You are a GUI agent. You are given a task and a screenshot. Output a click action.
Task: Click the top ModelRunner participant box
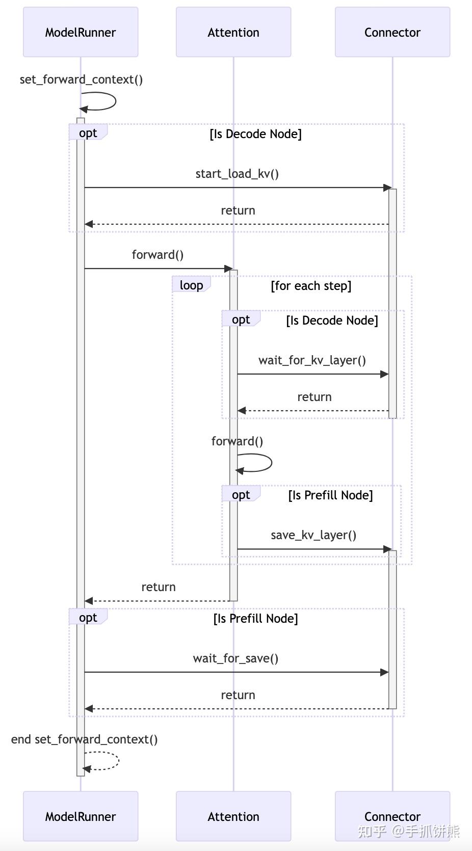(81, 32)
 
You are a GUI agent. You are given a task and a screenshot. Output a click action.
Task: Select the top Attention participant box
(233, 32)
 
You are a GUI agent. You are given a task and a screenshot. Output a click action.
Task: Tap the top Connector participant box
(392, 32)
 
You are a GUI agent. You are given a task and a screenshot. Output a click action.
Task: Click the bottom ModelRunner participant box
(81, 816)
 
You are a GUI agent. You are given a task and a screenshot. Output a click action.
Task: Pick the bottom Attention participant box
(233, 816)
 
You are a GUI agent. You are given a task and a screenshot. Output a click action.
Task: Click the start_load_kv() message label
(237, 174)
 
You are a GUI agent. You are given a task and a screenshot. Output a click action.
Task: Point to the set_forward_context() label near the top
(81, 79)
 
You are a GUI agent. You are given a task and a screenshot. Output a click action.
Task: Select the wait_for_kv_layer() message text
(312, 360)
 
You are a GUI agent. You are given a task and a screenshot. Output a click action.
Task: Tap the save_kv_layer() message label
(313, 535)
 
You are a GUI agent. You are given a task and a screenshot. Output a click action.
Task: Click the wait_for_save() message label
(235, 658)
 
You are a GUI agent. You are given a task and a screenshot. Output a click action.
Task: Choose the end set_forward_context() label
(84, 739)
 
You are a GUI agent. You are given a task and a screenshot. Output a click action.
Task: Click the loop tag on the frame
(191, 285)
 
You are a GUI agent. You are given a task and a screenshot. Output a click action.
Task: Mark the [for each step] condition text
(311, 286)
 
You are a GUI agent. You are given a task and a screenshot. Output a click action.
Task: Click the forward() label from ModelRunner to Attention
(158, 255)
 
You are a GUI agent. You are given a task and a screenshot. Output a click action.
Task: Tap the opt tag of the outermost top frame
(88, 133)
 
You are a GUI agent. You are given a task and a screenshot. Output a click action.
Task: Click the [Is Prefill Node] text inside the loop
(330, 495)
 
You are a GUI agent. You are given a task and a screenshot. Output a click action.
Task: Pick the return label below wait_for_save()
(238, 695)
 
